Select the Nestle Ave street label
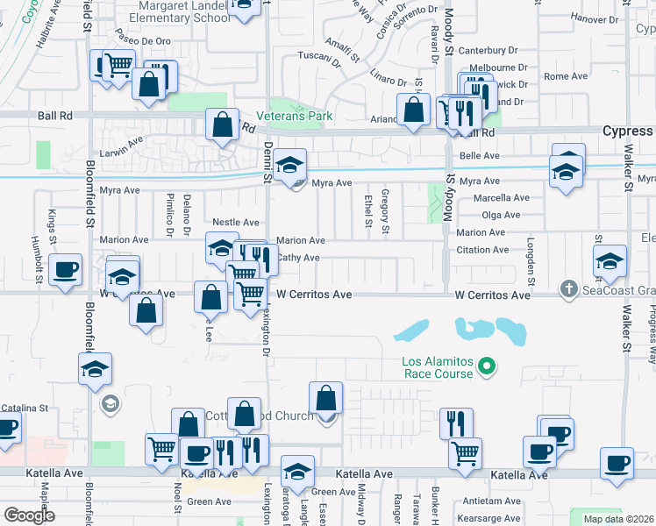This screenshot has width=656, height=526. (236, 223)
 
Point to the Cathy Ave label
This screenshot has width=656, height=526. (298, 258)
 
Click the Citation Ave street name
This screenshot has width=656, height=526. (483, 250)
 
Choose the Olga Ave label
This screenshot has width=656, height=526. (502, 215)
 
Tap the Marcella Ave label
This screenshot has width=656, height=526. (503, 198)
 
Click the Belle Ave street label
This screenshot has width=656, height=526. (480, 156)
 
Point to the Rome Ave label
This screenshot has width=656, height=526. (566, 77)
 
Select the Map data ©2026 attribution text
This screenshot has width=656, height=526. (618, 518)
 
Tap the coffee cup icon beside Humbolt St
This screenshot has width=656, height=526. (65, 268)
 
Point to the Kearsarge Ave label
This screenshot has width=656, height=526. (501, 518)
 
